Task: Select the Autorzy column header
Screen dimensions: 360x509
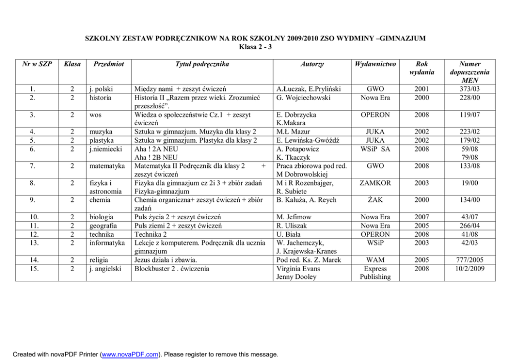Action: (x=312, y=64)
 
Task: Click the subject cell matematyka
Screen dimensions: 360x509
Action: (x=107, y=166)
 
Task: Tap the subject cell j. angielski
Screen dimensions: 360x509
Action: (x=105, y=269)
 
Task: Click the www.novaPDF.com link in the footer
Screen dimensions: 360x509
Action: (x=130, y=354)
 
